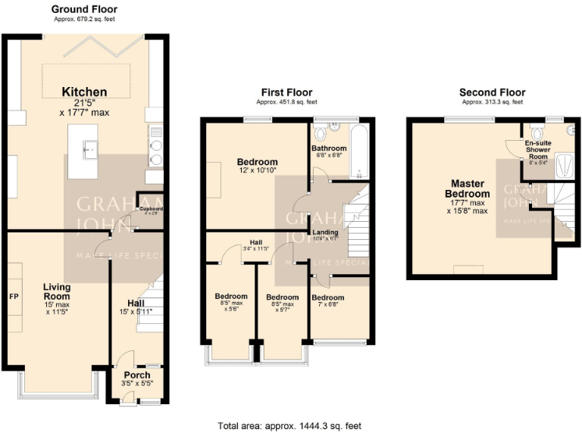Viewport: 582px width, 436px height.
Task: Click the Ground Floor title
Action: [x=84, y=9]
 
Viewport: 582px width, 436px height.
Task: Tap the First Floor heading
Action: [x=286, y=92]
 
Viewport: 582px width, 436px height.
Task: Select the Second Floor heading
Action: [x=492, y=92]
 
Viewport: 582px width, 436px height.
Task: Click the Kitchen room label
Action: [x=84, y=92]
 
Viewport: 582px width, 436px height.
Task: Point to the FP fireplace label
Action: [x=13, y=296]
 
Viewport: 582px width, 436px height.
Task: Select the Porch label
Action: [x=137, y=375]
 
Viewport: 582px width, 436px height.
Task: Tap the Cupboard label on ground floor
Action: [x=151, y=208]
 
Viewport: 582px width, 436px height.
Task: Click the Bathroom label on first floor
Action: [x=329, y=148]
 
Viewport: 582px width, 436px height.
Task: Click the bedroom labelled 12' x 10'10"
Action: [x=257, y=162]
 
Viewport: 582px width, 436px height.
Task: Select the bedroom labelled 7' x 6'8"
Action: [x=328, y=297]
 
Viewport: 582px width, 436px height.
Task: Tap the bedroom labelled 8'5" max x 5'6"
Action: [x=230, y=296]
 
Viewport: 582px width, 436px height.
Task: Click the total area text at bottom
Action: [x=289, y=425]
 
